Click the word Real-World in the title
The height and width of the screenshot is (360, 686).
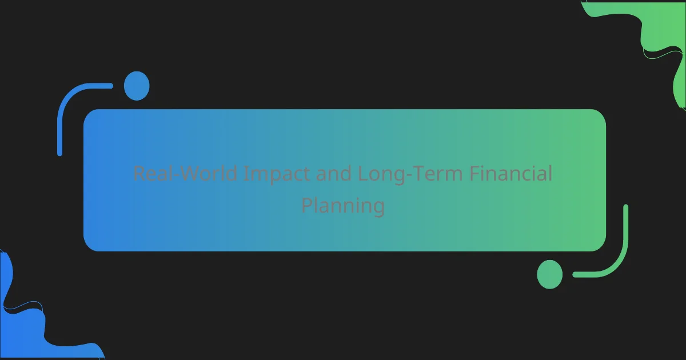(185, 173)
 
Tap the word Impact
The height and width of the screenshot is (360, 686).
(277, 174)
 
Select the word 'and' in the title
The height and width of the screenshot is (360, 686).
(333, 173)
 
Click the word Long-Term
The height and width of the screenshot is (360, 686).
(410, 174)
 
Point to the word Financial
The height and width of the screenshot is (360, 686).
(511, 173)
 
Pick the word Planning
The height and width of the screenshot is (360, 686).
(343, 206)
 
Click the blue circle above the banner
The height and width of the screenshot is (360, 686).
(137, 86)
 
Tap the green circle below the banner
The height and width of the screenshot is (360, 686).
(550, 274)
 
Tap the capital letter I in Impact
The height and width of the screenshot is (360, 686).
(246, 174)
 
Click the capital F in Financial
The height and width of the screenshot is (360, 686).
(474, 174)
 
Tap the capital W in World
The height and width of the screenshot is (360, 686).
(192, 174)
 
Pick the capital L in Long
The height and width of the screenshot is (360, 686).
(362, 174)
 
